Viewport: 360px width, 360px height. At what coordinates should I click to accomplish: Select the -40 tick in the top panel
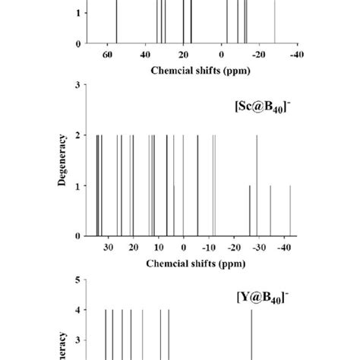(294, 55)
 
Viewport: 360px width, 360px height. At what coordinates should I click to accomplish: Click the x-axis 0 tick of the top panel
(221, 55)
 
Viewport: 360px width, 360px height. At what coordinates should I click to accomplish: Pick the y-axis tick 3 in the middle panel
(78, 85)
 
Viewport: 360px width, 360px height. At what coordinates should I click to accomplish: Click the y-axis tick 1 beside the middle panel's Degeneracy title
(78, 186)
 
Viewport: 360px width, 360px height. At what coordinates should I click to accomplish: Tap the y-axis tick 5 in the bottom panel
(78, 279)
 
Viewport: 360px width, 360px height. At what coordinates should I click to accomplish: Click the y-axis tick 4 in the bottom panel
(78, 310)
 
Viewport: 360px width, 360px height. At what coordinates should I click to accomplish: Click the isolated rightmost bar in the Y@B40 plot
(252, 334)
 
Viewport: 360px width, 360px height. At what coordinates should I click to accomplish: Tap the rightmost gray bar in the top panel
(274, 23)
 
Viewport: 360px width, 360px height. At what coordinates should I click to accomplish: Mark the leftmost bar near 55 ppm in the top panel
(116, 23)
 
